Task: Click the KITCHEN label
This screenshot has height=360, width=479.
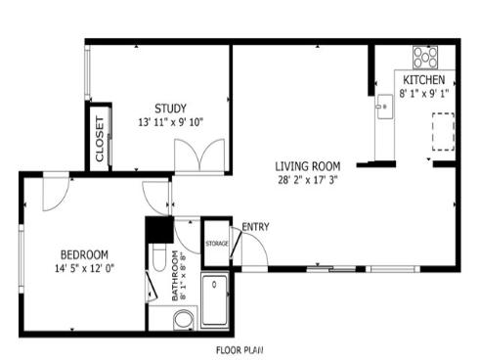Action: [x=425, y=79]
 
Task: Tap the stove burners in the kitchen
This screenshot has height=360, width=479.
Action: [x=424, y=56]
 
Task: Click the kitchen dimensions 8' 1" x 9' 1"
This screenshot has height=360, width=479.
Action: [x=425, y=95]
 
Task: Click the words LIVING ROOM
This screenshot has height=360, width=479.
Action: [x=307, y=165]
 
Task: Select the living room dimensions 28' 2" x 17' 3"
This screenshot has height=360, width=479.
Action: [x=307, y=180]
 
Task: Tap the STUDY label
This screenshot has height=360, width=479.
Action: [x=170, y=108]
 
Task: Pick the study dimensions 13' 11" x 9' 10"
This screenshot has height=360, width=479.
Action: [x=171, y=122]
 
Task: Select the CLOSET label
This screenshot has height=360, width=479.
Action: [x=100, y=139]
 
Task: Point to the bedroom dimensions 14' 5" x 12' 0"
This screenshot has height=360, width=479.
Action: [x=84, y=268]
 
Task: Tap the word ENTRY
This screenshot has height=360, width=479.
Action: [x=255, y=228]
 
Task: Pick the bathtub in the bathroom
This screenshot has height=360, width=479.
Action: [x=214, y=298]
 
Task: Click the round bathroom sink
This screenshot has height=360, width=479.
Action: [x=183, y=320]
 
